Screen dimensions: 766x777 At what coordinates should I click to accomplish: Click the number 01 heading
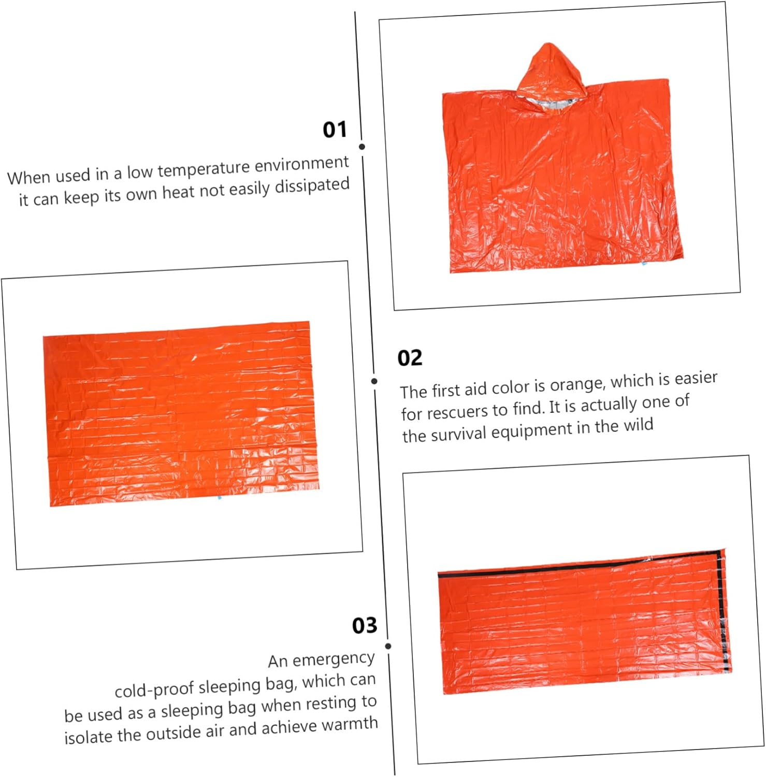point(335,129)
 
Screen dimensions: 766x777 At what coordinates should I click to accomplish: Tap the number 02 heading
point(410,358)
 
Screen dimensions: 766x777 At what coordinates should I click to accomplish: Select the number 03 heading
point(365,625)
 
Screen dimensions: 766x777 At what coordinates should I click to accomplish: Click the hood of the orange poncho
point(552,73)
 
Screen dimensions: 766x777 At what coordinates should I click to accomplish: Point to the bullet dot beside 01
point(362,147)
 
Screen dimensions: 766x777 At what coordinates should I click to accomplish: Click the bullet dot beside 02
point(374,381)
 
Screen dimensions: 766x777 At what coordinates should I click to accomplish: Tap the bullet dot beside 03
point(388,646)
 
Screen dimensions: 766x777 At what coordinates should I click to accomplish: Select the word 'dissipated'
point(312,186)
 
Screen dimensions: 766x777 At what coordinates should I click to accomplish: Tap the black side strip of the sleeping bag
point(724,611)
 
